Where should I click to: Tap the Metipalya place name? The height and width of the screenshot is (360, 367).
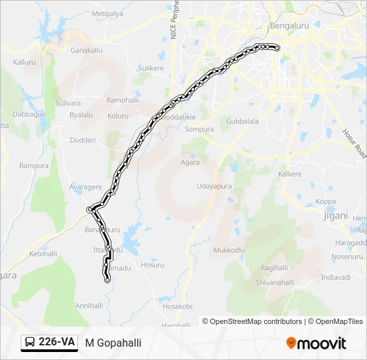107,13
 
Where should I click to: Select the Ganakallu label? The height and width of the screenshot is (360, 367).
86,50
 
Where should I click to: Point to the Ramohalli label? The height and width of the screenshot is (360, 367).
122,100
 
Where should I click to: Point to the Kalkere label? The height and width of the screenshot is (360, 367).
290,174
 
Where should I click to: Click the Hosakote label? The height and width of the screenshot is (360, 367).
177,307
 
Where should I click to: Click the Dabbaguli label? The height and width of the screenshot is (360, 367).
28,114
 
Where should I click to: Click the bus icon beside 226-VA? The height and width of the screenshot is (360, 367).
30,343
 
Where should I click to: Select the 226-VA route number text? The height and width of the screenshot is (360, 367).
57,343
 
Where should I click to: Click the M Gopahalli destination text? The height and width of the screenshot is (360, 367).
113,343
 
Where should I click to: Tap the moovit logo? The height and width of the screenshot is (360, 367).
316,343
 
